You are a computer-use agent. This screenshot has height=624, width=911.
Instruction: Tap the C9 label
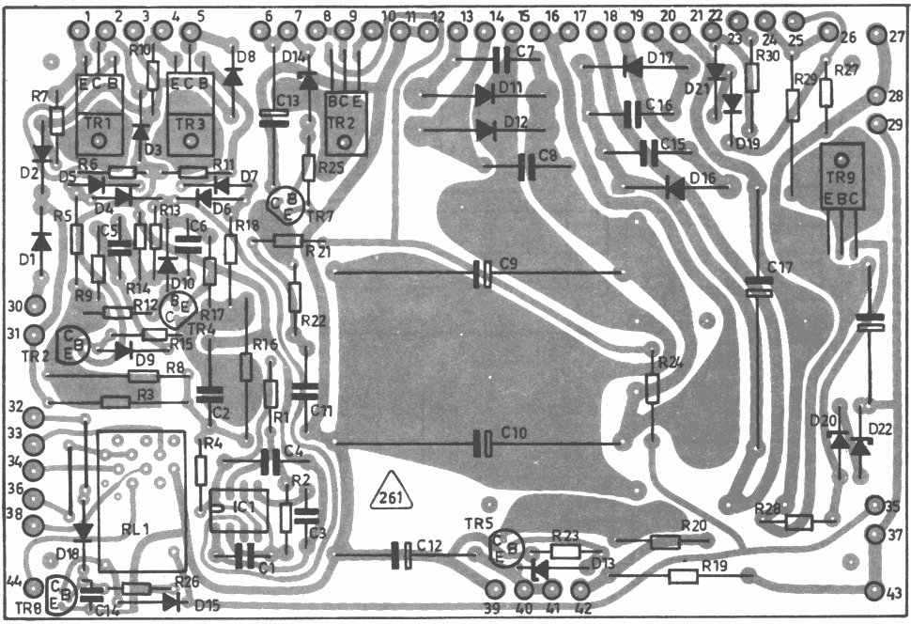[x=510, y=265]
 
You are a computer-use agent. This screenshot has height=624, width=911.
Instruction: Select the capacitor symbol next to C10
[x=483, y=442]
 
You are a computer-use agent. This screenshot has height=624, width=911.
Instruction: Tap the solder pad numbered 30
[x=35, y=305]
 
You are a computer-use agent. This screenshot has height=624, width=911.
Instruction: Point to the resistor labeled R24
[x=652, y=387]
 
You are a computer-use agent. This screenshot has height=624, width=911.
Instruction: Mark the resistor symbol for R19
[x=683, y=576]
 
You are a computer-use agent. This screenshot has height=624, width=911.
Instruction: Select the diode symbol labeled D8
[x=228, y=79]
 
